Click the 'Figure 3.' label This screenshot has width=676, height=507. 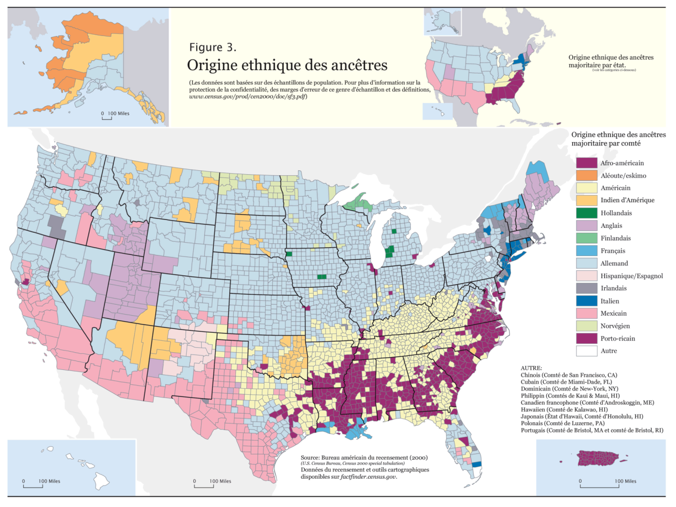(213, 46)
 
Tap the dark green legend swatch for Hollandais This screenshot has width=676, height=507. (588, 213)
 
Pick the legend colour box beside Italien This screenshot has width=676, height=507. (588, 301)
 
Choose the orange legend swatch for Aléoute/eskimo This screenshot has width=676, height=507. (588, 175)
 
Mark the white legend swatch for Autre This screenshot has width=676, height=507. (588, 351)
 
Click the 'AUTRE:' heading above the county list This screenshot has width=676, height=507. (531, 368)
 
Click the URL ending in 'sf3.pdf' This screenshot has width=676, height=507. (247, 97)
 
